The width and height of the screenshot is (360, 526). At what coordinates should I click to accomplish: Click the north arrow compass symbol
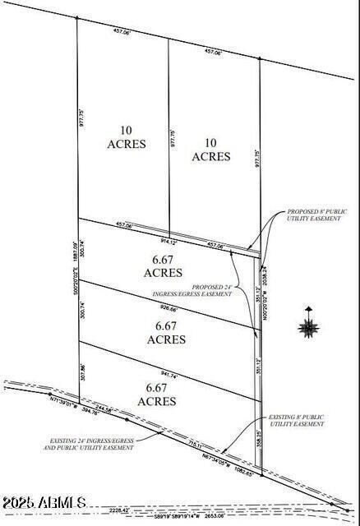(309, 326)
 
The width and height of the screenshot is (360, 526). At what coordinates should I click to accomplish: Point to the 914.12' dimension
(168, 242)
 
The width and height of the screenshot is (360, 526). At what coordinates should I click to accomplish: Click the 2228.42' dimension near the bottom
(166, 510)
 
